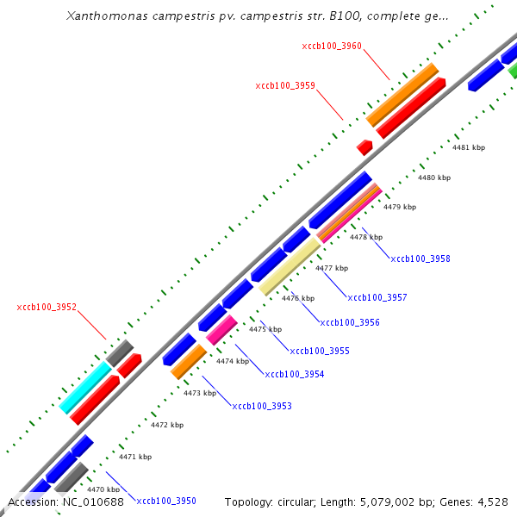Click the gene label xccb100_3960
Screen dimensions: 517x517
click(x=332, y=46)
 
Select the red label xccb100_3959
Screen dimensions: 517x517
click(x=285, y=86)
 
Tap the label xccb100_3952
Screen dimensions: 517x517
click(x=47, y=307)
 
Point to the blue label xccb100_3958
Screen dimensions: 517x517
click(x=420, y=258)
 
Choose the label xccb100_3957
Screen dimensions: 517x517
click(x=377, y=297)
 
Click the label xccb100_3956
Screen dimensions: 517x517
click(x=350, y=323)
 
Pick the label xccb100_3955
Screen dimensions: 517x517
click(x=320, y=352)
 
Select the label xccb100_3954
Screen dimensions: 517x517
click(x=295, y=374)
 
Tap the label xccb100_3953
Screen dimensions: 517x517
click(x=262, y=406)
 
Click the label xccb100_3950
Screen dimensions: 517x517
click(x=166, y=501)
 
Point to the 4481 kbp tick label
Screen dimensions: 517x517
click(x=469, y=147)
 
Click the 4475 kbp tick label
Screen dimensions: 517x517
click(x=265, y=330)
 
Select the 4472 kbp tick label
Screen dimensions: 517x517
click(x=167, y=425)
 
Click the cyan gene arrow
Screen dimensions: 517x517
click(x=86, y=386)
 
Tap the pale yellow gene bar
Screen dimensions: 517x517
click(x=290, y=266)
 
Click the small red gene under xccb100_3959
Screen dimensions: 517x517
click(x=364, y=147)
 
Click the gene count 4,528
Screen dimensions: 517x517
click(x=491, y=501)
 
